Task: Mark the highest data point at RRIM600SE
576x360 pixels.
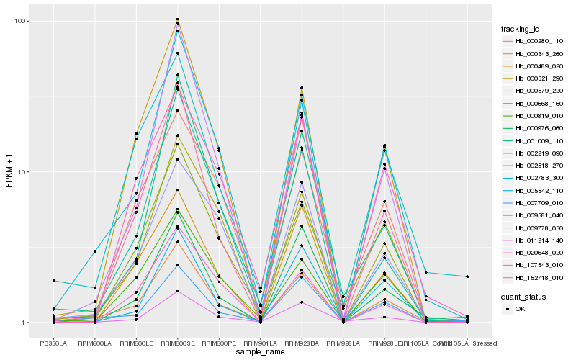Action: point(177,19)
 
